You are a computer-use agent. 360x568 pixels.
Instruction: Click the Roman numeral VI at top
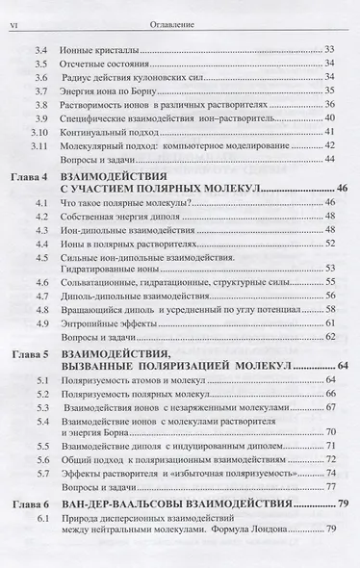[13, 13]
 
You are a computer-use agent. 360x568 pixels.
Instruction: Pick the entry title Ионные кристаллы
[103, 49]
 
